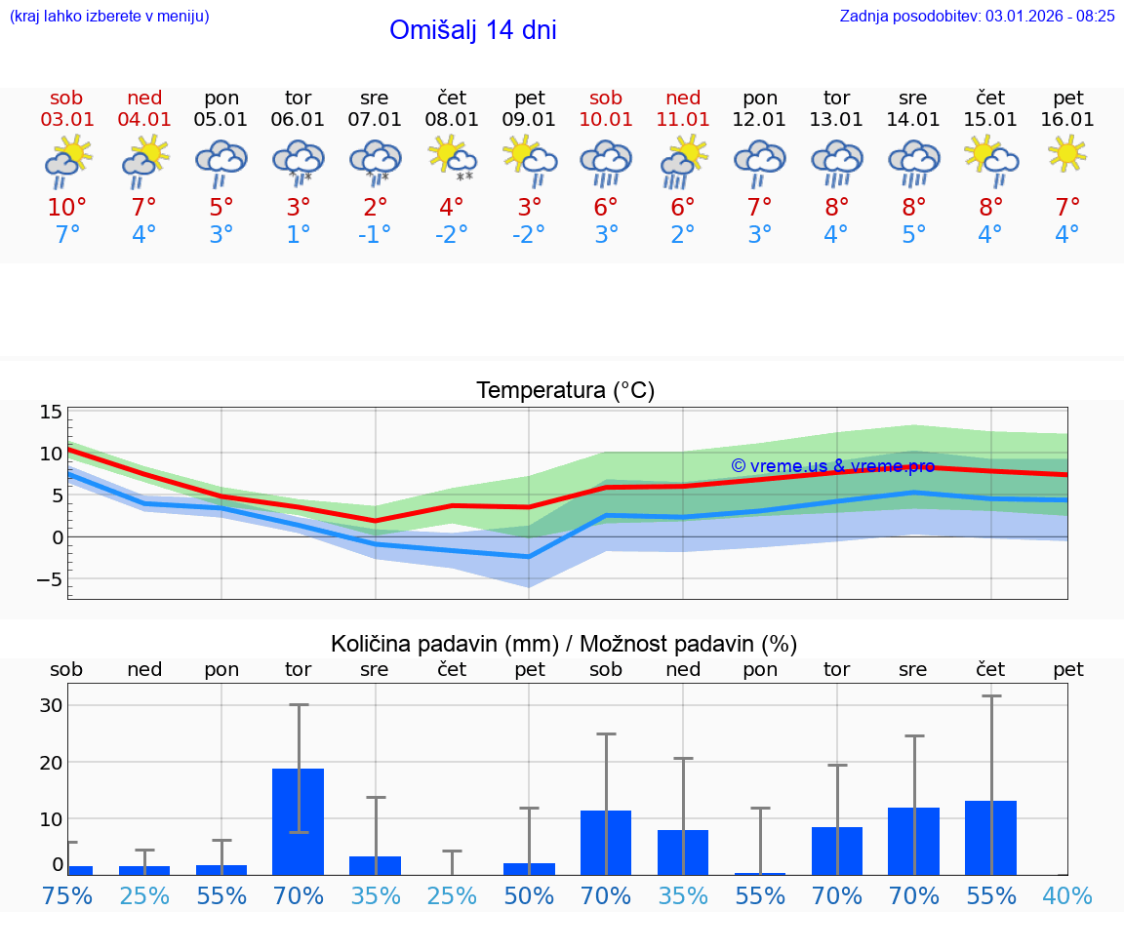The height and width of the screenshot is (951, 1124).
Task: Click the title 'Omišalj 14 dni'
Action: tap(472, 30)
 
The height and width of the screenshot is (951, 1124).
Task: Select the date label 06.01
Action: tap(298, 119)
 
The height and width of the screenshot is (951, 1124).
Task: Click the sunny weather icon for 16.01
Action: tap(1067, 154)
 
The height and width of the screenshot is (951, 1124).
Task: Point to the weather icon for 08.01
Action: tap(452, 159)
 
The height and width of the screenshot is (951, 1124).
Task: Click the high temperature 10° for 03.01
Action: tap(67, 207)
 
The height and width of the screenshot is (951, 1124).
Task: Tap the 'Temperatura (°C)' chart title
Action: tap(565, 390)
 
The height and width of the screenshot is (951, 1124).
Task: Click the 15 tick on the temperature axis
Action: tap(51, 412)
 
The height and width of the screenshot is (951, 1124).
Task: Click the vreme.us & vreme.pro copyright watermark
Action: tap(832, 466)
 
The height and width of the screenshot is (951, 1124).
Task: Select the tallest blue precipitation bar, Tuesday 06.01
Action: tap(298, 821)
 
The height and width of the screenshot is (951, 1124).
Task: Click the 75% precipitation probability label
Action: tap(67, 895)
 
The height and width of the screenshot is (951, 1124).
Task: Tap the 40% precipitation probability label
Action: tap(1067, 895)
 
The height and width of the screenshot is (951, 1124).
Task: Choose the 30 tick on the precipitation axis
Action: tap(51, 705)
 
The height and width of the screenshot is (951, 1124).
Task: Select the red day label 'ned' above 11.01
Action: tap(683, 98)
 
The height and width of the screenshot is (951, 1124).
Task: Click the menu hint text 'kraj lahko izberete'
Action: tap(109, 16)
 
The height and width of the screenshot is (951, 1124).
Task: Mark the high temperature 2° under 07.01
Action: tap(375, 207)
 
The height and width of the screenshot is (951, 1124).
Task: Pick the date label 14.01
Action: tap(913, 119)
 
